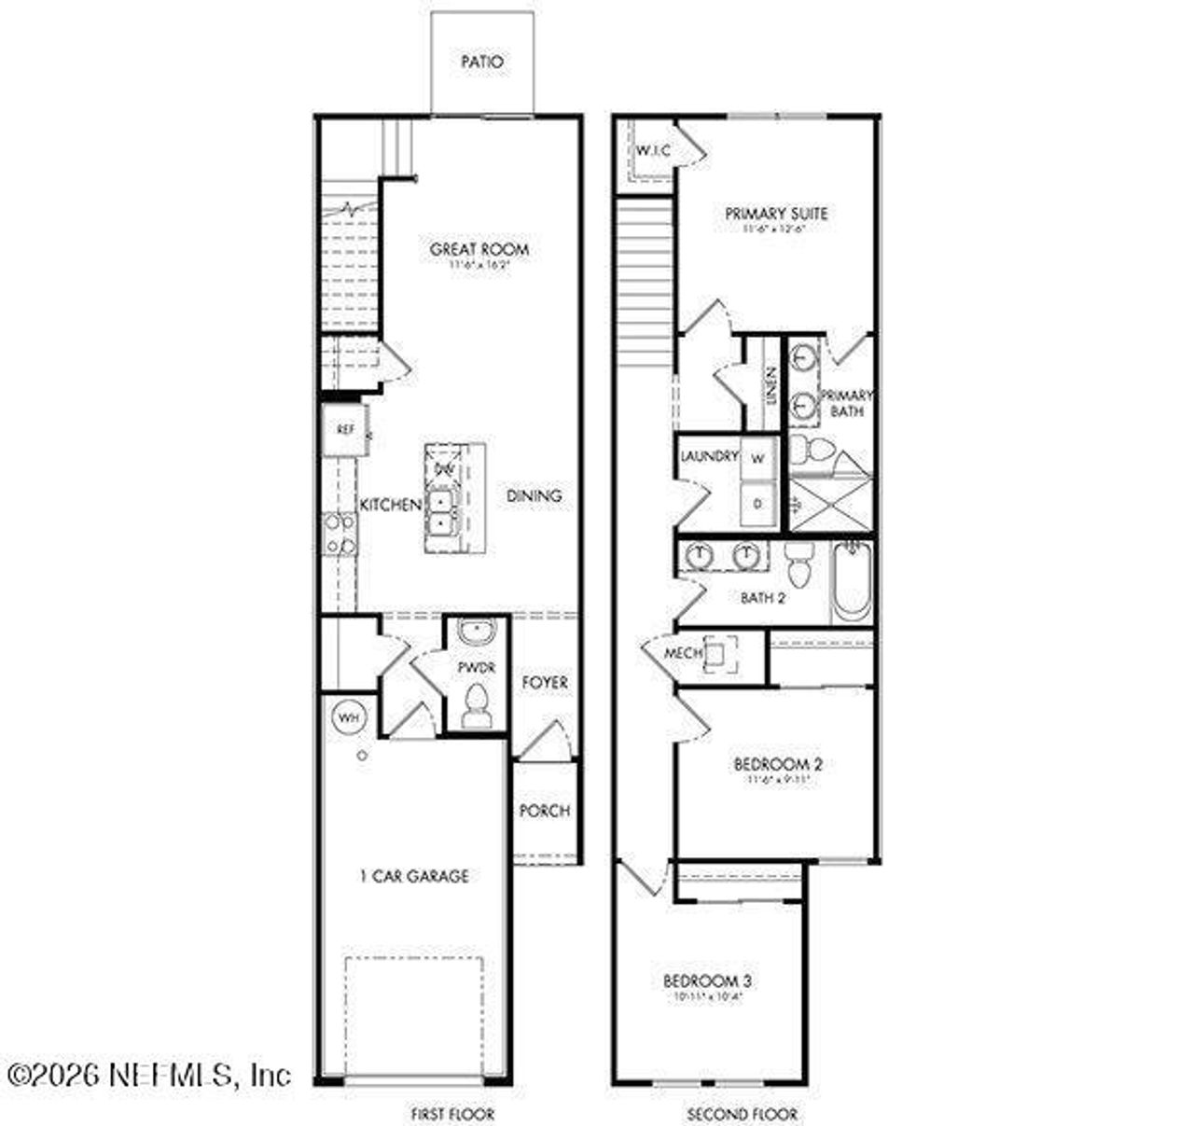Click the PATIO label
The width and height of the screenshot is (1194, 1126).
tap(482, 63)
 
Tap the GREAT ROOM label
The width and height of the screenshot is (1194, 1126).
tap(479, 249)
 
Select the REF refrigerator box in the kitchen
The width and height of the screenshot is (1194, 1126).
tap(345, 430)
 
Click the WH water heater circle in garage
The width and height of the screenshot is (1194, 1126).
tap(348, 717)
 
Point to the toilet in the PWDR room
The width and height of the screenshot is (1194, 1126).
tap(477, 703)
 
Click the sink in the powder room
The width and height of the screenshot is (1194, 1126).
tap(477, 633)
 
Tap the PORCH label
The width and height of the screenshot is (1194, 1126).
tap(544, 811)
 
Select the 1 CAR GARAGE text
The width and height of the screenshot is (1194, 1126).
tap(414, 876)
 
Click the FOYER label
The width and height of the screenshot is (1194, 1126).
tap(544, 683)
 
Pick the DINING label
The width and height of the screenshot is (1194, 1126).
tap(535, 495)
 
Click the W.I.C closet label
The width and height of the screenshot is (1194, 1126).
tap(653, 150)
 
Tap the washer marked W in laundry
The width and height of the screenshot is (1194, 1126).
tap(757, 458)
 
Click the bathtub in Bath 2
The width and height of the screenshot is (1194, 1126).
tap(852, 584)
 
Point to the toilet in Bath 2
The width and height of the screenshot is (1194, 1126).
tap(798, 563)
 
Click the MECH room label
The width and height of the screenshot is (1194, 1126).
tap(683, 654)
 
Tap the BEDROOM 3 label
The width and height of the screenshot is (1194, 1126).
tap(707, 980)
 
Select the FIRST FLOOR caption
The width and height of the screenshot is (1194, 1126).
tap(452, 1114)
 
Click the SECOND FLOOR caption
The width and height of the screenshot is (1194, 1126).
tap(743, 1114)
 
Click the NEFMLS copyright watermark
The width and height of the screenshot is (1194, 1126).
tap(149, 1075)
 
